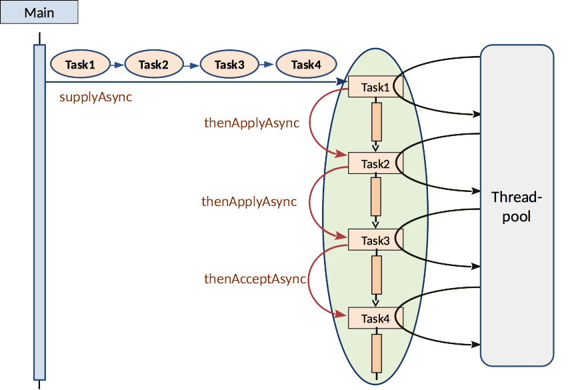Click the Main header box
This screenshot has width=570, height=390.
click(39, 13)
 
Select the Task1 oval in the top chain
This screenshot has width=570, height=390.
click(80, 65)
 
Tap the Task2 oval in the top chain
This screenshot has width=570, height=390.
click(154, 65)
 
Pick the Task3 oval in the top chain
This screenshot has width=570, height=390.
click(230, 65)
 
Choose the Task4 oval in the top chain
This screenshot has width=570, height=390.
click(307, 65)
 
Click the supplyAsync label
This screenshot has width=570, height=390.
click(95, 97)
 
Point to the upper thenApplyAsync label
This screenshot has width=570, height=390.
click(251, 123)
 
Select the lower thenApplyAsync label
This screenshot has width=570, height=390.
click(249, 201)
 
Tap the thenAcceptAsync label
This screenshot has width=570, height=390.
click(255, 279)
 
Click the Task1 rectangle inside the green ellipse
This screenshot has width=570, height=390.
click(375, 87)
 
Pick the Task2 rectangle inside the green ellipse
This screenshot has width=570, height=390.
click(375, 163)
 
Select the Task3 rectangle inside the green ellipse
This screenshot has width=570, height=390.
click(375, 240)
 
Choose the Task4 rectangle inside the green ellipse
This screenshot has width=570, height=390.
click(375, 319)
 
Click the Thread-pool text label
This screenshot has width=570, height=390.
click(517, 207)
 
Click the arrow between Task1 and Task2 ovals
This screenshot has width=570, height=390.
click(118, 65)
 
